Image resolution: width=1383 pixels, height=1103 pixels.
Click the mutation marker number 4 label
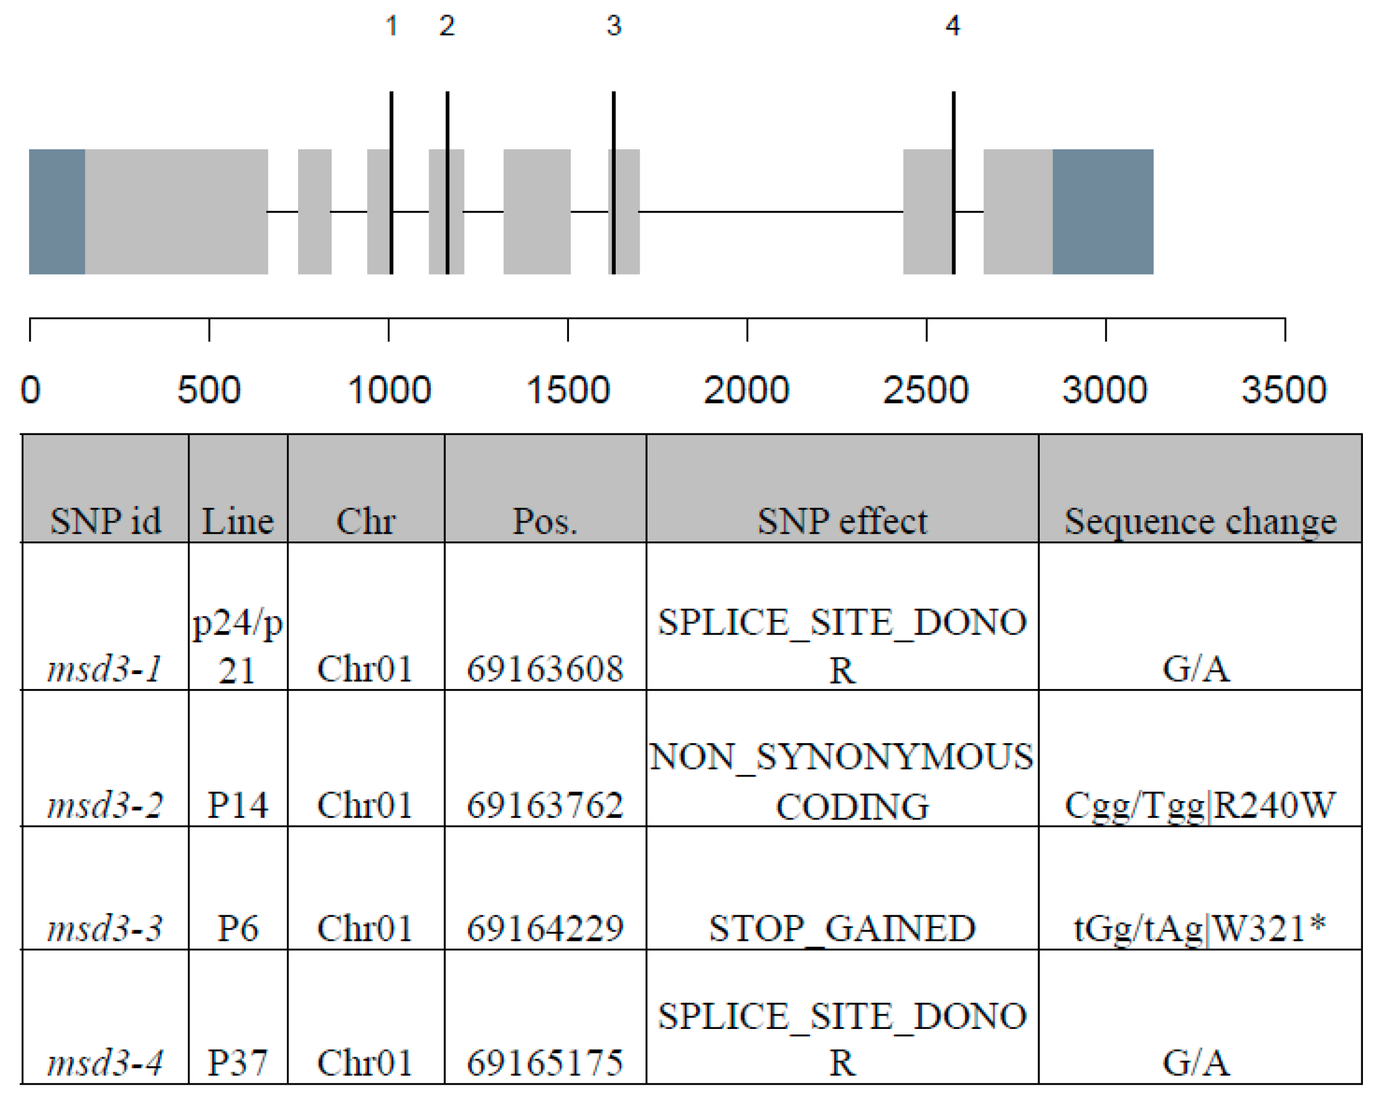pyautogui.click(x=953, y=26)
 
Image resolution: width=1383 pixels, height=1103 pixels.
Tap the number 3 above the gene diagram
pyautogui.click(x=614, y=26)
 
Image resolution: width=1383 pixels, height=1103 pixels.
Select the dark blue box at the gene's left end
pyautogui.click(x=57, y=212)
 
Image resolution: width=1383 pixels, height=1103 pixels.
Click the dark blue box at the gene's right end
pyautogui.click(x=1103, y=212)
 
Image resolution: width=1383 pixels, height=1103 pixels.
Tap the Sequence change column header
pyautogui.click(x=1200, y=521)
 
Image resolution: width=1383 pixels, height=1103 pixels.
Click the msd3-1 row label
pyautogui.click(x=105, y=669)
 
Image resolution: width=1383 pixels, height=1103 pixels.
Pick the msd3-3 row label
pyautogui.click(x=105, y=928)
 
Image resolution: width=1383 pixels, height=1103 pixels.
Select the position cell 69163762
pyautogui.click(x=544, y=805)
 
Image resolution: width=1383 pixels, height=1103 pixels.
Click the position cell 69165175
pyautogui.click(x=544, y=1062)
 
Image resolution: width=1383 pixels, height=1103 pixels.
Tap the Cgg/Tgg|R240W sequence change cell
pyautogui.click(x=1200, y=805)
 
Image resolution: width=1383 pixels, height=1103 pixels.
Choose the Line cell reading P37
pyautogui.click(x=237, y=1062)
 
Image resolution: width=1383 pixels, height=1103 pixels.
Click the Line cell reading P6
pyautogui.click(x=237, y=928)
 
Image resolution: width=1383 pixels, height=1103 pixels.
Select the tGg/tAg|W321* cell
pyautogui.click(x=1200, y=928)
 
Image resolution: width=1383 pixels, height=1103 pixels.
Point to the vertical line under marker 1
pyautogui.click(x=391, y=183)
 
